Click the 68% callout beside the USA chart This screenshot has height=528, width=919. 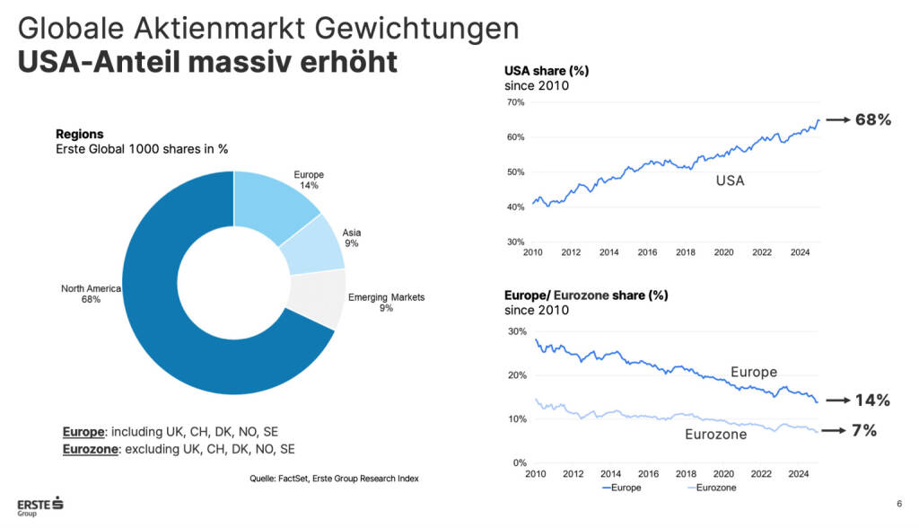click(x=872, y=120)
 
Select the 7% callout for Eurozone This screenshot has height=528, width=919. click(x=864, y=432)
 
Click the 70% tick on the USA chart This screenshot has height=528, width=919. click(x=514, y=102)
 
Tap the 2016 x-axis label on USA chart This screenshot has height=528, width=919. click(x=647, y=253)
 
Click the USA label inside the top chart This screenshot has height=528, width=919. click(x=730, y=180)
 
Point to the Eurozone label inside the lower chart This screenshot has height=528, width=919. click(x=716, y=436)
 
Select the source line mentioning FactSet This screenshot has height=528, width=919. click(x=334, y=479)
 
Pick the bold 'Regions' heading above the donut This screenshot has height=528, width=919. click(x=80, y=134)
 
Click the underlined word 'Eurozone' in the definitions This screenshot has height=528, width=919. click(x=91, y=449)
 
